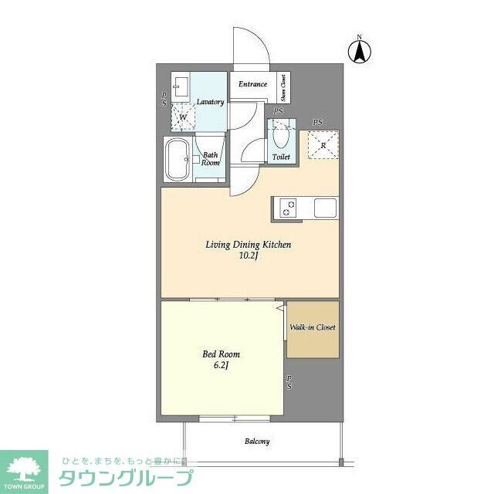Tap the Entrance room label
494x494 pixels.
point(252,84)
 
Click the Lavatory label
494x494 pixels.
point(210,102)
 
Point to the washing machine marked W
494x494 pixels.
point(183,117)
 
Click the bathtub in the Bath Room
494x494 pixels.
point(178,161)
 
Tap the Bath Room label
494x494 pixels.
point(211,158)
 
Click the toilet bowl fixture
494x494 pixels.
point(280,138)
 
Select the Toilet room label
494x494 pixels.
point(281,157)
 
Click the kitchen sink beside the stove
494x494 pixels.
point(325,208)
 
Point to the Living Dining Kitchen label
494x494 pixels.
point(248,245)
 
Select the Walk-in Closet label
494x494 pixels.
point(313,327)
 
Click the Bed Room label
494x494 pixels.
point(218,354)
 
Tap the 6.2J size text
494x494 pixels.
point(218,366)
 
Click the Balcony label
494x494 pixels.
point(257,442)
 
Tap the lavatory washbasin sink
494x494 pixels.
point(181,85)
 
